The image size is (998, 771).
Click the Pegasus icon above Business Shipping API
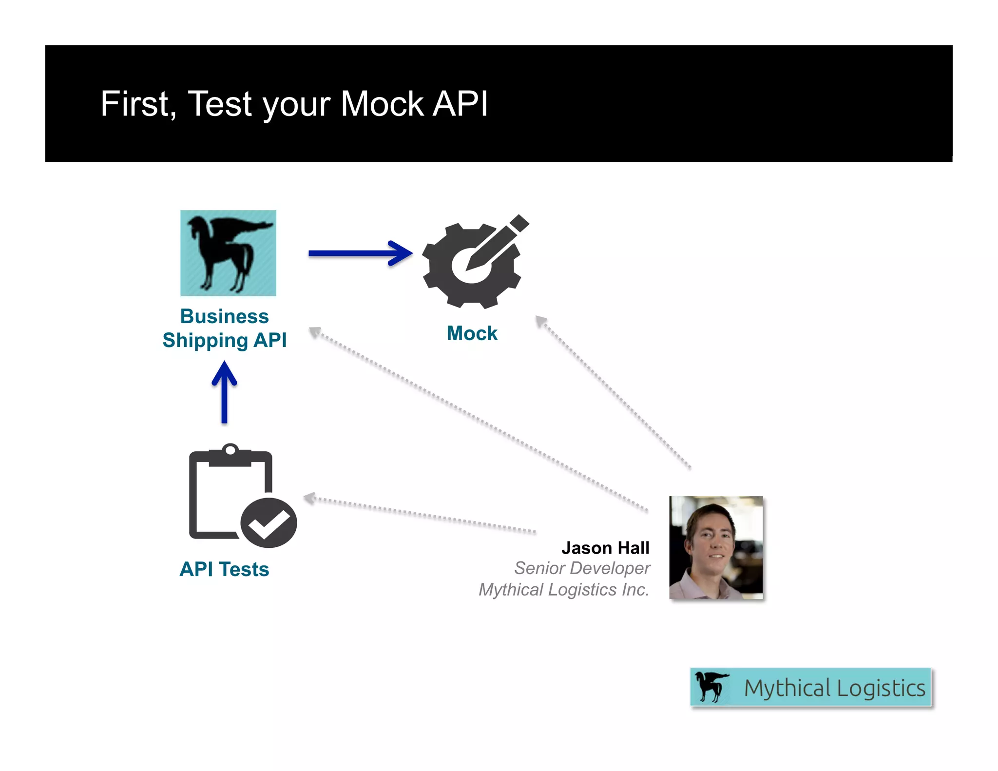tap(228, 253)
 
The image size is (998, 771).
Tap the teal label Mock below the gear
tap(472, 333)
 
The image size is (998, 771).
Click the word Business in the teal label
tap(224, 316)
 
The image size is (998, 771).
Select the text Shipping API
tap(224, 340)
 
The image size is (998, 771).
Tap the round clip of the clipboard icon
tap(230, 449)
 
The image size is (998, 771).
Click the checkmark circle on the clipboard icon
tap(269, 523)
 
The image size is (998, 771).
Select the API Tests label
tap(224, 569)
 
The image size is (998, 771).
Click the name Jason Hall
tap(605, 548)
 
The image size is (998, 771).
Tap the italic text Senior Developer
tap(582, 568)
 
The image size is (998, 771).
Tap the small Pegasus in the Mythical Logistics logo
tap(710, 686)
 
